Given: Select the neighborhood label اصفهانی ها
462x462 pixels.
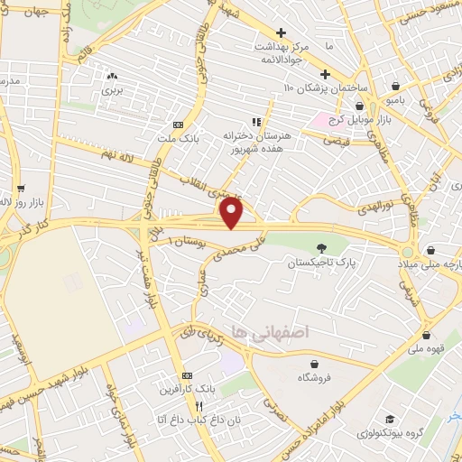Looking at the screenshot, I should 270,332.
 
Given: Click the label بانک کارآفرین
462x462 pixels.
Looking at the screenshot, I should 188,390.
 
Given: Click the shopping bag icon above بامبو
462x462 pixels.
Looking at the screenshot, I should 396,87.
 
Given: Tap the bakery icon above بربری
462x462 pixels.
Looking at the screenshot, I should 113,77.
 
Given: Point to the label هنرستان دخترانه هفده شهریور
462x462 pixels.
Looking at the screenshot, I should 255,142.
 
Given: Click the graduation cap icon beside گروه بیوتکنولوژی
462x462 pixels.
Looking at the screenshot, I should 390,420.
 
